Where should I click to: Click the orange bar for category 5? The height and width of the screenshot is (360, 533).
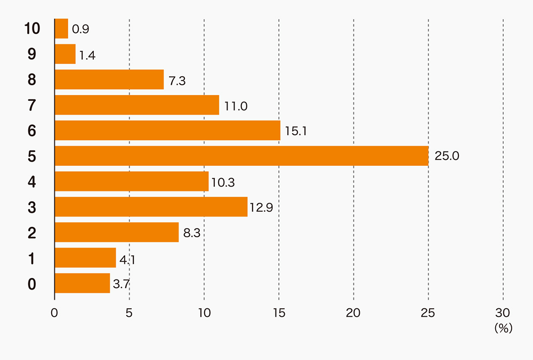click(241, 156)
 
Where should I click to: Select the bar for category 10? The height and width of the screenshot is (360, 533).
click(61, 29)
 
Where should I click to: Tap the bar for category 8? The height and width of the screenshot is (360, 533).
click(109, 79)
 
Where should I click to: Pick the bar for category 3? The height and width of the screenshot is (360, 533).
click(151, 207)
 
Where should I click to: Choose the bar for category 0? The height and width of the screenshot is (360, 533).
click(82, 283)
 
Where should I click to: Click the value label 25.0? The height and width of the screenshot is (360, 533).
click(447, 156)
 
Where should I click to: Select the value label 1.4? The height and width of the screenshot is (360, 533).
click(87, 55)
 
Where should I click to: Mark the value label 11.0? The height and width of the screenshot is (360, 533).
click(236, 106)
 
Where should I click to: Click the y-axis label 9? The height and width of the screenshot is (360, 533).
click(32, 54)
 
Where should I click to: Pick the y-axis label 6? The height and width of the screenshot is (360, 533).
click(32, 131)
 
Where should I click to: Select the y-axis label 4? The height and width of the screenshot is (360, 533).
click(32, 182)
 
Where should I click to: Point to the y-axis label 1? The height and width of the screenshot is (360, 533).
click(32, 259)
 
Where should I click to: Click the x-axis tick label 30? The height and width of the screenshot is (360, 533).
click(503, 313)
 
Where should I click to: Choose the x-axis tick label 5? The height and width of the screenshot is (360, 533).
click(130, 313)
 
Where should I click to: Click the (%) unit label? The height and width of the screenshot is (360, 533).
click(503, 329)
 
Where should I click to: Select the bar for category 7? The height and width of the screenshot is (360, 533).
click(137, 105)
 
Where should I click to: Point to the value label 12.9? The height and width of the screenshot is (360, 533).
click(261, 207)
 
